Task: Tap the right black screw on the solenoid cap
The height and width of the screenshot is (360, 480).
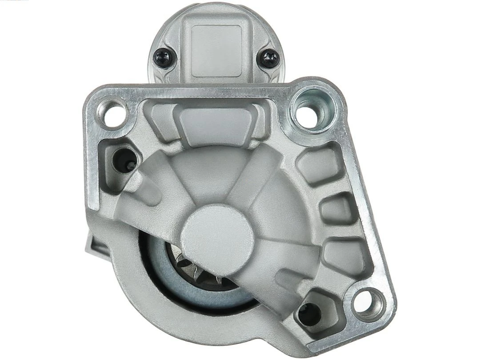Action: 269,58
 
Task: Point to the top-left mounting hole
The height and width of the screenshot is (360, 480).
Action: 114,113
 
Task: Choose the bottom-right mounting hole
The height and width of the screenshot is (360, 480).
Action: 368,303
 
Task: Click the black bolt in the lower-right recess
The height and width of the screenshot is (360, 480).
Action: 309,312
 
